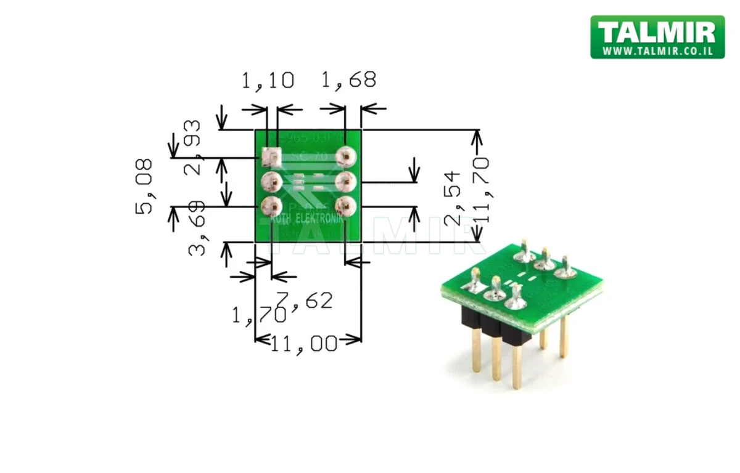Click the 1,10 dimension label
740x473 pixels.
(x=267, y=81)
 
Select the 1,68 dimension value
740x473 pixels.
(x=348, y=80)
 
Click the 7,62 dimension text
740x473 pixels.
(x=305, y=301)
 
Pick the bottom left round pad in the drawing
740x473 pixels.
(x=271, y=204)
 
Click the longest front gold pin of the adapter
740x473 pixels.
(x=517, y=366)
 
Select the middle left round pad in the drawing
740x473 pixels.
(x=271, y=181)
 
